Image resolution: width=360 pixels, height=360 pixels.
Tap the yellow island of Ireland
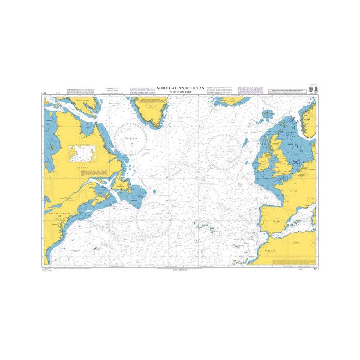[x=264, y=163]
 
